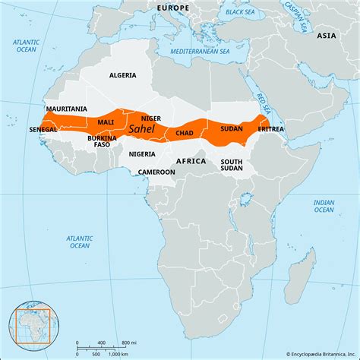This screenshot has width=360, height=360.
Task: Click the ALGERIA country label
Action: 122,76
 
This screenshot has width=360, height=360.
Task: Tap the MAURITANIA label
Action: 66,109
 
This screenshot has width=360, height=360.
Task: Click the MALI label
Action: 106,122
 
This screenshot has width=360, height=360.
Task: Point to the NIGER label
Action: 151,118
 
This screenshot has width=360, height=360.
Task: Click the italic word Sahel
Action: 145,130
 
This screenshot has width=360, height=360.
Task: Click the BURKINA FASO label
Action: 101,141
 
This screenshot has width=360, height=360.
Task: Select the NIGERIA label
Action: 142,154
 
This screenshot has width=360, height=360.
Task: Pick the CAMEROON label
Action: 156,172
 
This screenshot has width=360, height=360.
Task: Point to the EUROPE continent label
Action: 172,7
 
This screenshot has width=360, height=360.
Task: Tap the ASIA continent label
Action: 327,35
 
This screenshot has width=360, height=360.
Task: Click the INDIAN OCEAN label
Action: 324,207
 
